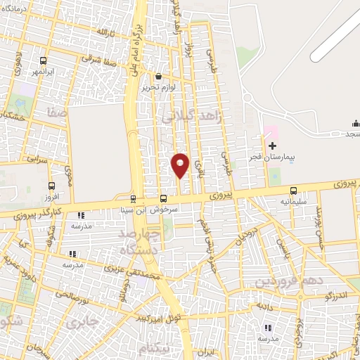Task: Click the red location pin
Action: pyautogui.click(x=181, y=165)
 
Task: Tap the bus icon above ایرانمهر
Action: pyautogui.click(x=44, y=60)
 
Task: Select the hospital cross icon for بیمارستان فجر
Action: pyautogui.click(x=273, y=146)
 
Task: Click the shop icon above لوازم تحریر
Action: pyautogui.click(x=160, y=77)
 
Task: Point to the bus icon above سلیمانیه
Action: pyautogui.click(x=293, y=191)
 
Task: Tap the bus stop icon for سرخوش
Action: pyautogui.click(x=163, y=199)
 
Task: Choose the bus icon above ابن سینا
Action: pyautogui.click(x=134, y=199)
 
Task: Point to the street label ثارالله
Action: pyautogui.click(x=103, y=33)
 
